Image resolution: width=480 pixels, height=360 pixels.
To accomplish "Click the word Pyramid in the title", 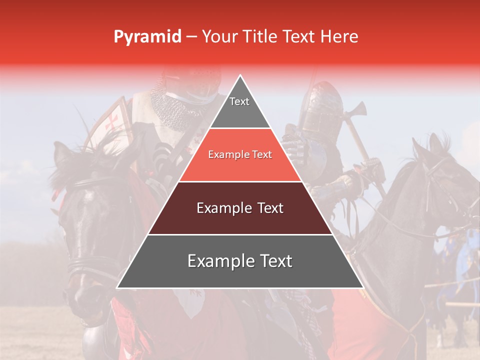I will tap(147, 37).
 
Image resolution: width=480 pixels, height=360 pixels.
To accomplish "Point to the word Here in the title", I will tap(339, 36).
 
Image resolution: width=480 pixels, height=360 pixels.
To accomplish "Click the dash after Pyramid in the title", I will tap(191, 37).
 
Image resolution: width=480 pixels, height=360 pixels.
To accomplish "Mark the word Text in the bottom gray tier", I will tap(275, 261).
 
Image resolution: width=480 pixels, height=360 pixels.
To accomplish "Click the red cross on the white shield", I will tap(113, 122).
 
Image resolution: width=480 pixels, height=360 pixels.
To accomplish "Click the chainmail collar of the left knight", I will tap(172, 107).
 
